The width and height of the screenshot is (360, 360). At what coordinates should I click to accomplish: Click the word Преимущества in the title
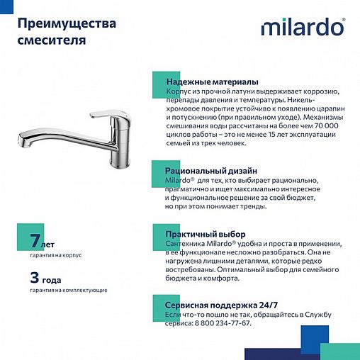click(67, 24)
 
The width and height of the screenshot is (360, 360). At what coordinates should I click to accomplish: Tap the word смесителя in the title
click(52, 40)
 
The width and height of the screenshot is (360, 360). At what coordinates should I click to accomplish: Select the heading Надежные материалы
click(211, 82)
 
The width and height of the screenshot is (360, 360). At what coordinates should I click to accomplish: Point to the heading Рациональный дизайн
click(211, 171)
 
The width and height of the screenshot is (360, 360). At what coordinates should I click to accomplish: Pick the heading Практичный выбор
click(205, 233)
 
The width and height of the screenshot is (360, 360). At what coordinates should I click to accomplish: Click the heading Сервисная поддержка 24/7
click(221, 304)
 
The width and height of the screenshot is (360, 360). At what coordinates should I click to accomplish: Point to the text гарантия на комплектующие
click(68, 289)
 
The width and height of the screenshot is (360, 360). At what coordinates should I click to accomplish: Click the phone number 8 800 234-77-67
click(219, 323)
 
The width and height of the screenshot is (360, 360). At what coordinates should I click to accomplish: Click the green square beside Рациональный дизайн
click(160, 171)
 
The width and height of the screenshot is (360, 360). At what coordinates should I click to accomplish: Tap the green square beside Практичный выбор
click(160, 233)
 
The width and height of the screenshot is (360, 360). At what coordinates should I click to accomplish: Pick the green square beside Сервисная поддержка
click(160, 305)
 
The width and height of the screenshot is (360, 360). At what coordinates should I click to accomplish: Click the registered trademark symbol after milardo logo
click(344, 20)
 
